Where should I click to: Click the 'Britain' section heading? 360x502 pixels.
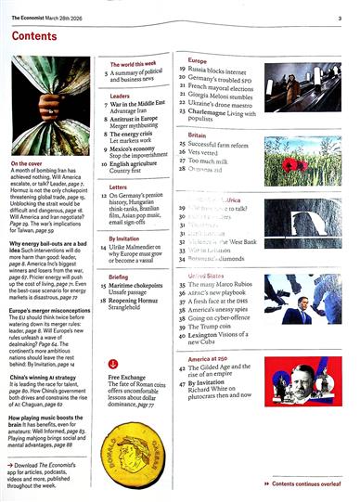(x=191, y=135)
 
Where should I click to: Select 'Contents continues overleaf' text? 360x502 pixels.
(x=310, y=483)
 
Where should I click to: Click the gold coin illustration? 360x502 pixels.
(x=137, y=450)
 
